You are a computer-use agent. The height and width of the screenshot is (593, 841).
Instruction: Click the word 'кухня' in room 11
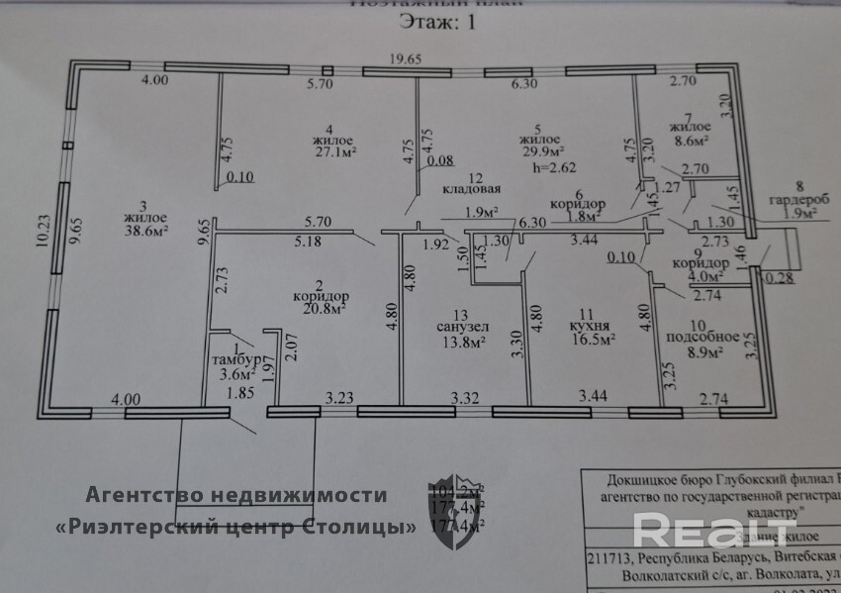(x=590, y=324)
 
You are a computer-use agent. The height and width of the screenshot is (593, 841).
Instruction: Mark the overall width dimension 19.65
(x=405, y=59)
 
